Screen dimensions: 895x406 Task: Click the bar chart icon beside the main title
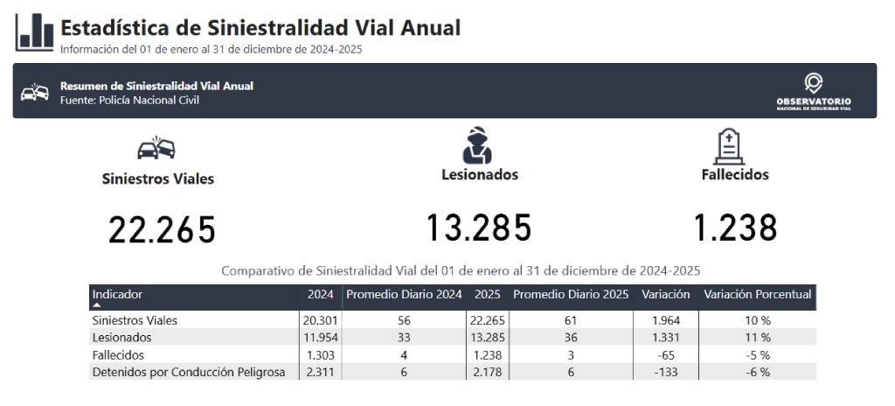tap(34, 31)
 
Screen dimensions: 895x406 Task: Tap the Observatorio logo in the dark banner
tap(814, 91)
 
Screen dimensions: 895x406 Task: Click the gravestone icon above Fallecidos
tap(729, 146)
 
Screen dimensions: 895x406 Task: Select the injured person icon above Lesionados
tap(477, 145)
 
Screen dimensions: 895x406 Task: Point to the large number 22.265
tap(162, 229)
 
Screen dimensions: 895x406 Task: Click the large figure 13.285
tap(479, 227)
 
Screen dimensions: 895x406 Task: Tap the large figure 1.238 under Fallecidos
tap(735, 227)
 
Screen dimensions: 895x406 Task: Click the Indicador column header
tap(118, 295)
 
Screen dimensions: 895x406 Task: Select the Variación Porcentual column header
tap(758, 295)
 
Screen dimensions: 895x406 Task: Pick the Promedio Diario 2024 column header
tap(404, 295)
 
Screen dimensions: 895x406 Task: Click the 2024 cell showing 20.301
tap(320, 320)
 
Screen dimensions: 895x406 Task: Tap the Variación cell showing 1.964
tap(665, 320)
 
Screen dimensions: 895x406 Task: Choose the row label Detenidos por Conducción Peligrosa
tap(189, 372)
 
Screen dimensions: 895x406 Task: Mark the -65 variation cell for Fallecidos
tap(665, 355)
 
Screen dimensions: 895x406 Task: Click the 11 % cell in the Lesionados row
tap(758, 338)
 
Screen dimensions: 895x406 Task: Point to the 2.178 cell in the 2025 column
tap(488, 372)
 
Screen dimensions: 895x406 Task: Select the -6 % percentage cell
tap(758, 372)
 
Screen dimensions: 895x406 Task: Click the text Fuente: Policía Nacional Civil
tap(129, 101)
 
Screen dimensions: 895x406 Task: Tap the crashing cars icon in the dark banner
tap(35, 92)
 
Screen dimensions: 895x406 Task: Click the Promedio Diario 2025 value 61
tap(570, 320)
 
